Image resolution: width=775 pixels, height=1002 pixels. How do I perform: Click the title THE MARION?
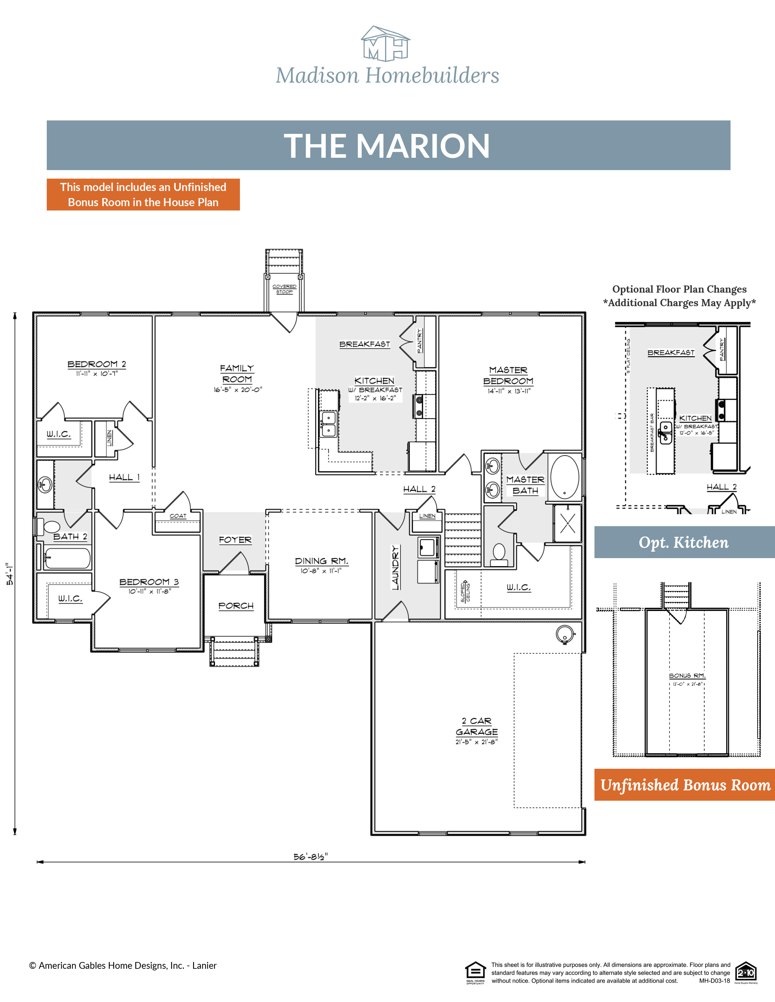[x=387, y=146]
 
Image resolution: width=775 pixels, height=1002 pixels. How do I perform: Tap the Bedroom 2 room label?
[x=97, y=364]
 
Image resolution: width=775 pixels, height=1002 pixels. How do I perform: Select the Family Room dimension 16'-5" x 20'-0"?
[x=237, y=389]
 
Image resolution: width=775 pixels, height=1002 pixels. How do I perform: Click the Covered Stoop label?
[x=284, y=289]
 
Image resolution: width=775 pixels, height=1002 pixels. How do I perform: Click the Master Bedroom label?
[x=508, y=375]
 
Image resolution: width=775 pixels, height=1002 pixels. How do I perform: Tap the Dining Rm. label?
[x=321, y=561]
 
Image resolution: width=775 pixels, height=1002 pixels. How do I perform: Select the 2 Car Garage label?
[x=477, y=726]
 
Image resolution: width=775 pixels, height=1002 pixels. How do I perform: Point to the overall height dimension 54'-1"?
[x=10, y=574]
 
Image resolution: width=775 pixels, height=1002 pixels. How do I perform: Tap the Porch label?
[x=235, y=606]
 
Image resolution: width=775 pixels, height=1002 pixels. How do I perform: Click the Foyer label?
[x=235, y=540]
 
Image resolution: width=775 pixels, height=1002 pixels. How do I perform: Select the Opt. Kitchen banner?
[x=684, y=542]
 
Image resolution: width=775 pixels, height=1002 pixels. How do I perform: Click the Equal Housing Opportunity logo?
[x=475, y=972]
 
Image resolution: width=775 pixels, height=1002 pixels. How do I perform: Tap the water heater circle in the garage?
[x=565, y=634]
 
